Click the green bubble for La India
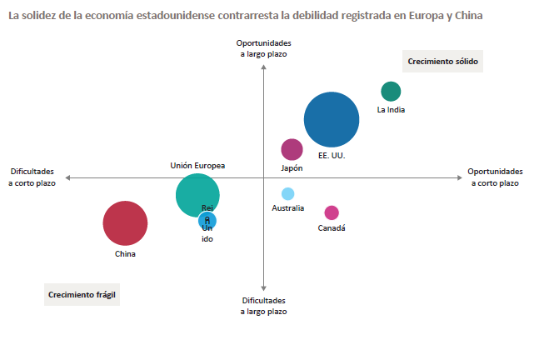coord(391,92)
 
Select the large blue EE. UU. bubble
coord(332,120)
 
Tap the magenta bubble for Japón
coord(292,149)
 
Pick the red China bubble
coord(125,223)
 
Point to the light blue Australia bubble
coord(288,194)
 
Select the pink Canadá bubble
coord(332,212)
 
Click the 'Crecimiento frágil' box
coord(82,295)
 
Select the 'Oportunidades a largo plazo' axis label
coord(263,48)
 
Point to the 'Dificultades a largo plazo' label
coord(264,306)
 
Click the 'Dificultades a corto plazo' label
coord(32,177)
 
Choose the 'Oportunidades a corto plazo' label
coord(495,177)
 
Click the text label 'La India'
coord(391,109)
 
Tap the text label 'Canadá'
coord(332,228)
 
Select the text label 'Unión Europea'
coord(197,166)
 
